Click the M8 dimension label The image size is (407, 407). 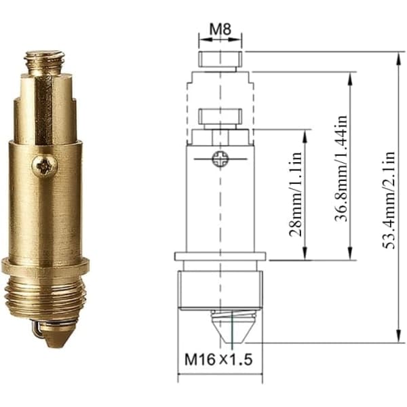click(x=220, y=29)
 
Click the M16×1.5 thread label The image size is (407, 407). click(x=218, y=360)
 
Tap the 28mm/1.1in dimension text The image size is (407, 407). click(x=295, y=194)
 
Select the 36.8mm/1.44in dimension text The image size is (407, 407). click(x=341, y=168)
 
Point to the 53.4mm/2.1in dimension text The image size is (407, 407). click(x=389, y=200)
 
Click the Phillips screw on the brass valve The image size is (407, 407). click(x=44, y=166)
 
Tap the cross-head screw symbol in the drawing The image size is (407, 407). click(x=220, y=159)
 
